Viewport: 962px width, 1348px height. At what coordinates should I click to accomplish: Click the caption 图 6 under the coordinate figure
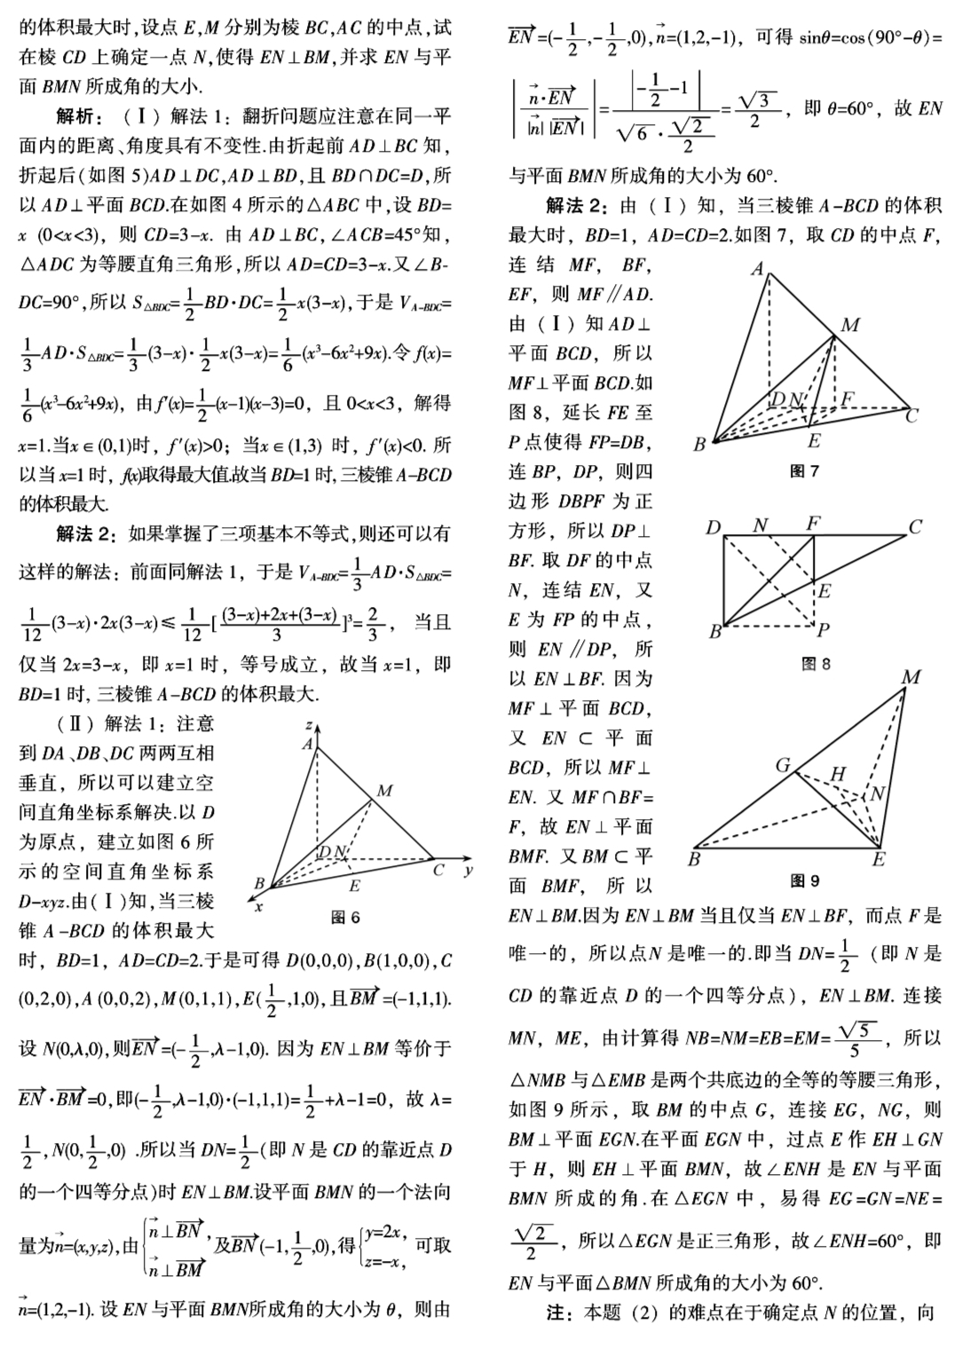coord(344,917)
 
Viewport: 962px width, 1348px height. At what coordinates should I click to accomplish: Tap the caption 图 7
coord(804,471)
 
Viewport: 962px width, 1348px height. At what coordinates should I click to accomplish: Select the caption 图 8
coord(816,663)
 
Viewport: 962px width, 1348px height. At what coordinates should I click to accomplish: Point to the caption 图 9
coord(804,880)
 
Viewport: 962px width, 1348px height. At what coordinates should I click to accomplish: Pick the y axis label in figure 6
coord(468,871)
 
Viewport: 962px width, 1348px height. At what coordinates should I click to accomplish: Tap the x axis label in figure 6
coord(259,906)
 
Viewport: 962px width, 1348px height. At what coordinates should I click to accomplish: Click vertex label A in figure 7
coord(757,268)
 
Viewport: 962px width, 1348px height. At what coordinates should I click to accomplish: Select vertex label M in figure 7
coord(849,325)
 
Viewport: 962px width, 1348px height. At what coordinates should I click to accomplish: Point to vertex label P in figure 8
coord(824,631)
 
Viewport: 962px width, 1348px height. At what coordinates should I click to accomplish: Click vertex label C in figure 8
coord(915,527)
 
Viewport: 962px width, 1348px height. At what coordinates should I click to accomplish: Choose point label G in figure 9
coord(783,765)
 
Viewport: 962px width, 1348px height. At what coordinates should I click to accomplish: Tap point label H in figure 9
coord(838,774)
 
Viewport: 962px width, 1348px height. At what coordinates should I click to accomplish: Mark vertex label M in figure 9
coord(911,678)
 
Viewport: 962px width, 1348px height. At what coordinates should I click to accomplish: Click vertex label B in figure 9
coord(694,859)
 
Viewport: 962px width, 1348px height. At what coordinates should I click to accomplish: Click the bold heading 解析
coord(80,115)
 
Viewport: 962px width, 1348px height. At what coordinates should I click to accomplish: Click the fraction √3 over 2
coord(755,110)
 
